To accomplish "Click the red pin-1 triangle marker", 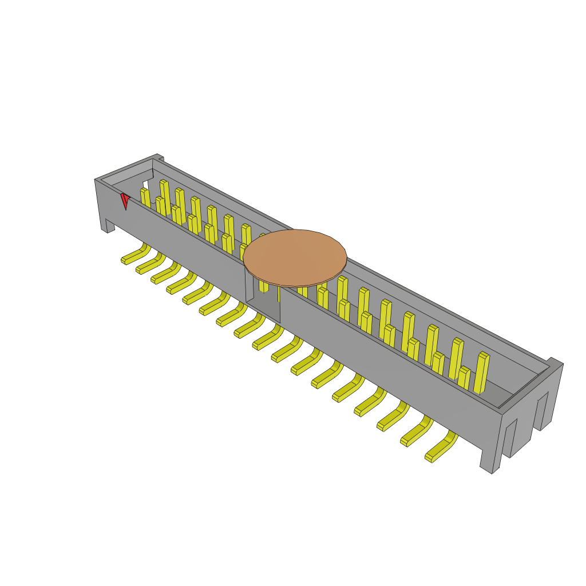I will (125, 200).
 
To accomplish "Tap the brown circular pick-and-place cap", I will (295, 258).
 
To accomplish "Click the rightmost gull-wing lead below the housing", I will (441, 449).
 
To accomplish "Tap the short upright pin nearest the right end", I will (464, 378).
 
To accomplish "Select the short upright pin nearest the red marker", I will (145, 198).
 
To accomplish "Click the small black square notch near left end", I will (145, 185).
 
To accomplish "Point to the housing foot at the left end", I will (108, 226).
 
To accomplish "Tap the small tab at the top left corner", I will (159, 157).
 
